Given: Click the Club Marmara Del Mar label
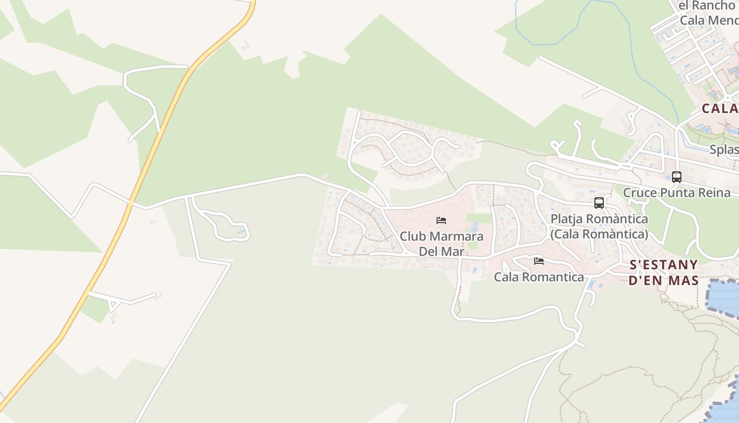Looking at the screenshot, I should click(x=441, y=243).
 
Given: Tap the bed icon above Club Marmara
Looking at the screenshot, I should click(x=441, y=220).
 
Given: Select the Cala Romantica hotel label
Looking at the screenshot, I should click(x=539, y=277).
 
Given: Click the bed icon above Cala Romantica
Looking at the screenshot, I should click(x=539, y=261).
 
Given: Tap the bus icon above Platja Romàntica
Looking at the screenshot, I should click(x=599, y=203).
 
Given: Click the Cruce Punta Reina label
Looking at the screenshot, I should click(x=677, y=192).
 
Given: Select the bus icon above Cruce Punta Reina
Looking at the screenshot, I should click(x=677, y=177).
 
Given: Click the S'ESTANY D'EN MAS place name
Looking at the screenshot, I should click(x=664, y=272).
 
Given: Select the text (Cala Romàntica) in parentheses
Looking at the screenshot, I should click(x=599, y=234).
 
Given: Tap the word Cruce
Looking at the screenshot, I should click(x=640, y=192).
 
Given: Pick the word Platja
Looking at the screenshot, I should click(x=567, y=219).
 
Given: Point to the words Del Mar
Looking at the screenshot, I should click(x=441, y=251).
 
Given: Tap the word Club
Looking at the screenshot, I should click(x=413, y=236).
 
